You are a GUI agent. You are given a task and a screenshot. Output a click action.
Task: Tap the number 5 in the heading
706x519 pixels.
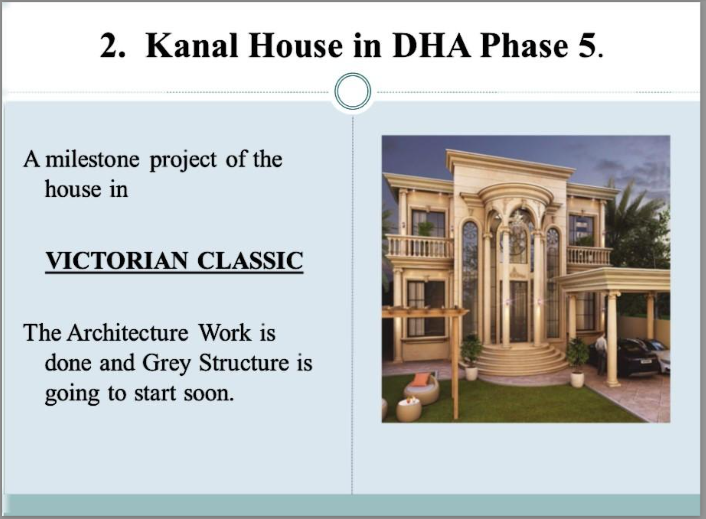587,46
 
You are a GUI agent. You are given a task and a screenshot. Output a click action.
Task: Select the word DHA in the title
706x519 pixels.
432,46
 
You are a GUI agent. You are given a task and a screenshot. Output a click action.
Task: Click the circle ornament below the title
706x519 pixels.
352,92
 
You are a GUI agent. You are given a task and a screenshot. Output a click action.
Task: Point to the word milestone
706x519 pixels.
93,159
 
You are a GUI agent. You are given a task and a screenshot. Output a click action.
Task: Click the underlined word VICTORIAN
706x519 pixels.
117,260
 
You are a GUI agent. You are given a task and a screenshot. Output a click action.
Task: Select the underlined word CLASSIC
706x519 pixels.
250,260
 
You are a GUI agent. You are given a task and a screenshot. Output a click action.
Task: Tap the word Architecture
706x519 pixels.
127,333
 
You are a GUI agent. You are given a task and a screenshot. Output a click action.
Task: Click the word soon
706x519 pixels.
209,393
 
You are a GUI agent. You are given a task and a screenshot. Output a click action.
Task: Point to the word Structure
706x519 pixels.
244,362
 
